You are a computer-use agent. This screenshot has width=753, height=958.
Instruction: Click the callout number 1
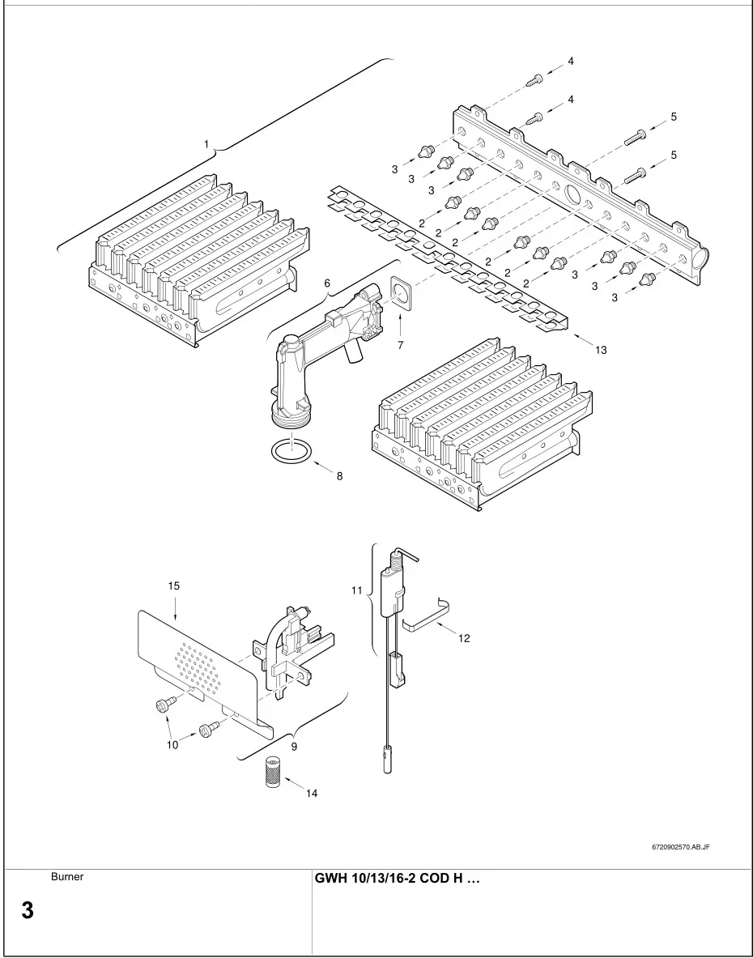[207, 144]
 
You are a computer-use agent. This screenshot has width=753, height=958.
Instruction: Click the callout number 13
[600, 350]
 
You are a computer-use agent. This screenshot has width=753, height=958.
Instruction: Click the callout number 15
[173, 585]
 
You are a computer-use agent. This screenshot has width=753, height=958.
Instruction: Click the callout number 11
[357, 591]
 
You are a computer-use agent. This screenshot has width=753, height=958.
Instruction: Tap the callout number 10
[172, 745]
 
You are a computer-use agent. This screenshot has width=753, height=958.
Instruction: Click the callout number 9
[294, 747]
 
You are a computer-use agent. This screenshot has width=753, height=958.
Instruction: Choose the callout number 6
[327, 283]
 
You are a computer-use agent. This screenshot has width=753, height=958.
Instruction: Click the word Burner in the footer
[67, 876]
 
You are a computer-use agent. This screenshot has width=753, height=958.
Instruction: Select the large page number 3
[27, 910]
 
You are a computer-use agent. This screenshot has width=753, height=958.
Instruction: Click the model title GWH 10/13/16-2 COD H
[397, 879]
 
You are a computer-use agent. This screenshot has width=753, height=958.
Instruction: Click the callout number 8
[339, 476]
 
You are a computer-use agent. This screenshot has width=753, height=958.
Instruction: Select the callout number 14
[312, 793]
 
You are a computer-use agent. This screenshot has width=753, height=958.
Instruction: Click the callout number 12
[463, 638]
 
